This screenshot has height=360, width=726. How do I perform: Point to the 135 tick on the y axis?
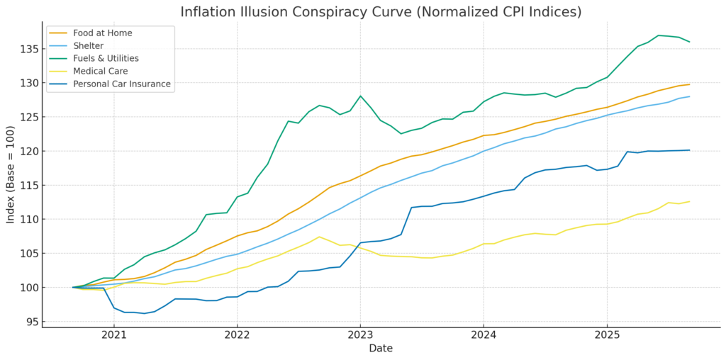(28, 49)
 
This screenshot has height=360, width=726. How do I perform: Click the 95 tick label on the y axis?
(30, 322)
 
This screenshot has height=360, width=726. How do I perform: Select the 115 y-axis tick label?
(28, 185)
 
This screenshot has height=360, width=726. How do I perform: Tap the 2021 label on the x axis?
(114, 335)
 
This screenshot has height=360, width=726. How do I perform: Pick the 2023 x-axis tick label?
(360, 335)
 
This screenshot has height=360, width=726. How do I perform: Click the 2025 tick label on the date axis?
(606, 335)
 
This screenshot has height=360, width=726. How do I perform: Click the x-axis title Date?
(380, 349)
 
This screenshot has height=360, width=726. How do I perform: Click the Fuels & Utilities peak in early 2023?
(360, 96)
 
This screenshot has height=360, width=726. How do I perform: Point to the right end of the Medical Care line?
(689, 201)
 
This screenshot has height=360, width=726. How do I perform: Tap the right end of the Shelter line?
(689, 96)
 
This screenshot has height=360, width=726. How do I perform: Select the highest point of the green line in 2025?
(659, 35)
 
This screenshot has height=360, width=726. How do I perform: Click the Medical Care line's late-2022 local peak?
(319, 237)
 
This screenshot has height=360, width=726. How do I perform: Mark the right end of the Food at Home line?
(689, 84)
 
